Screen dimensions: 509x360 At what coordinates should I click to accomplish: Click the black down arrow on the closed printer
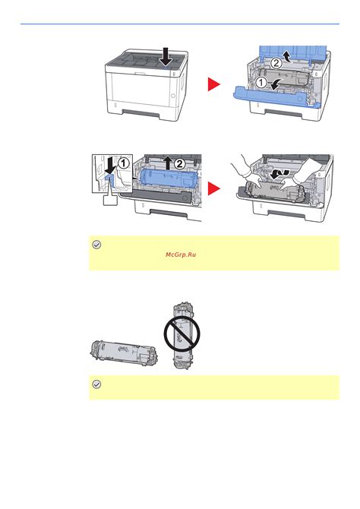point(167,55)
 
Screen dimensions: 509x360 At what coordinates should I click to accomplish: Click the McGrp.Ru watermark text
point(180,254)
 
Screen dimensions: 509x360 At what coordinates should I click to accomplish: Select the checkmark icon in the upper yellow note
point(96,245)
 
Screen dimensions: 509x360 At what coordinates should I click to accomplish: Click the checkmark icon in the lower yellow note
point(96,385)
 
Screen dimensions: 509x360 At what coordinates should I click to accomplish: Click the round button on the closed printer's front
point(173,98)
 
